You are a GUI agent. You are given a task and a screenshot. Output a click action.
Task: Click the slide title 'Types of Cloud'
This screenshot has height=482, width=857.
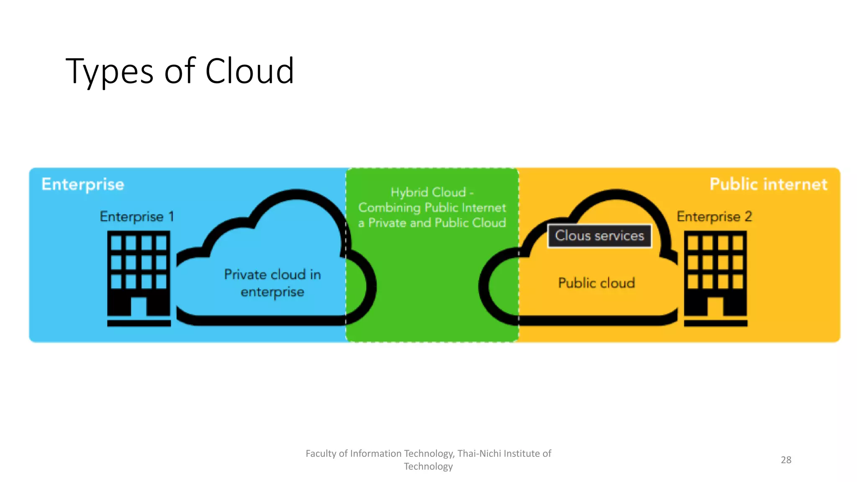pyautogui.click(x=180, y=71)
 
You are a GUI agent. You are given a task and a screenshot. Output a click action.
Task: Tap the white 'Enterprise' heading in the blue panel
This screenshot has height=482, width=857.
pyautogui.click(x=83, y=184)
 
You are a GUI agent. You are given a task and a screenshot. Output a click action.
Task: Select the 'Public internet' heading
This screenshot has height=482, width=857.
pyautogui.click(x=768, y=184)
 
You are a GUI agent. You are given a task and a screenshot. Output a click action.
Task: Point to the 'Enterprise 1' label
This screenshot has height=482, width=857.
pyautogui.click(x=136, y=216)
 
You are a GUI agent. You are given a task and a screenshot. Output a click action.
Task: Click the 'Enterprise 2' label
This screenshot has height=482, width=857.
pyautogui.click(x=714, y=216)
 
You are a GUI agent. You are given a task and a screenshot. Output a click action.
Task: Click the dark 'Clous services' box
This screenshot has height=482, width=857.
pyautogui.click(x=599, y=236)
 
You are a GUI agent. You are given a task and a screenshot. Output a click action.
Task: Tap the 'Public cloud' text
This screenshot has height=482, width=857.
pyautogui.click(x=596, y=283)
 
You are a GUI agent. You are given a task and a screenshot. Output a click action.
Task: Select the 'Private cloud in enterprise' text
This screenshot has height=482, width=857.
pyautogui.click(x=272, y=283)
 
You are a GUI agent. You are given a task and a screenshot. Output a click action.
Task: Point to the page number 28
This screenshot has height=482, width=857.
pyautogui.click(x=786, y=460)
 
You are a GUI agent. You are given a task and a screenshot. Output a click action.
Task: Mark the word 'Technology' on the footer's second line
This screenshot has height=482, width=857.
pyautogui.click(x=428, y=467)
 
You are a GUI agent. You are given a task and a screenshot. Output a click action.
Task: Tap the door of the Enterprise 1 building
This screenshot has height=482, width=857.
pyautogui.click(x=139, y=307)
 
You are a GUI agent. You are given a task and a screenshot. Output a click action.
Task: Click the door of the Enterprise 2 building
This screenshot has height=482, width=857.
pyautogui.click(x=715, y=307)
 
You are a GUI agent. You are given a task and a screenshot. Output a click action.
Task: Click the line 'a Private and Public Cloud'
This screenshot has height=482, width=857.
pyautogui.click(x=432, y=223)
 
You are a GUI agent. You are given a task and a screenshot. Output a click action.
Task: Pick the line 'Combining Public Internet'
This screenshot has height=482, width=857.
pyautogui.click(x=432, y=208)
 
